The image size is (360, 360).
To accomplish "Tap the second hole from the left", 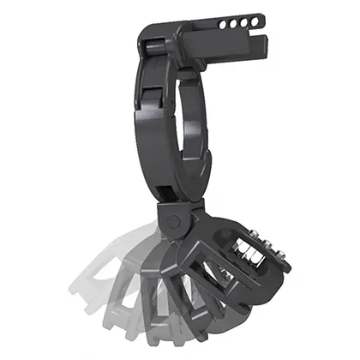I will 232,24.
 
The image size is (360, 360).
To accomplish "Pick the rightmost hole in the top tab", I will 254,21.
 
